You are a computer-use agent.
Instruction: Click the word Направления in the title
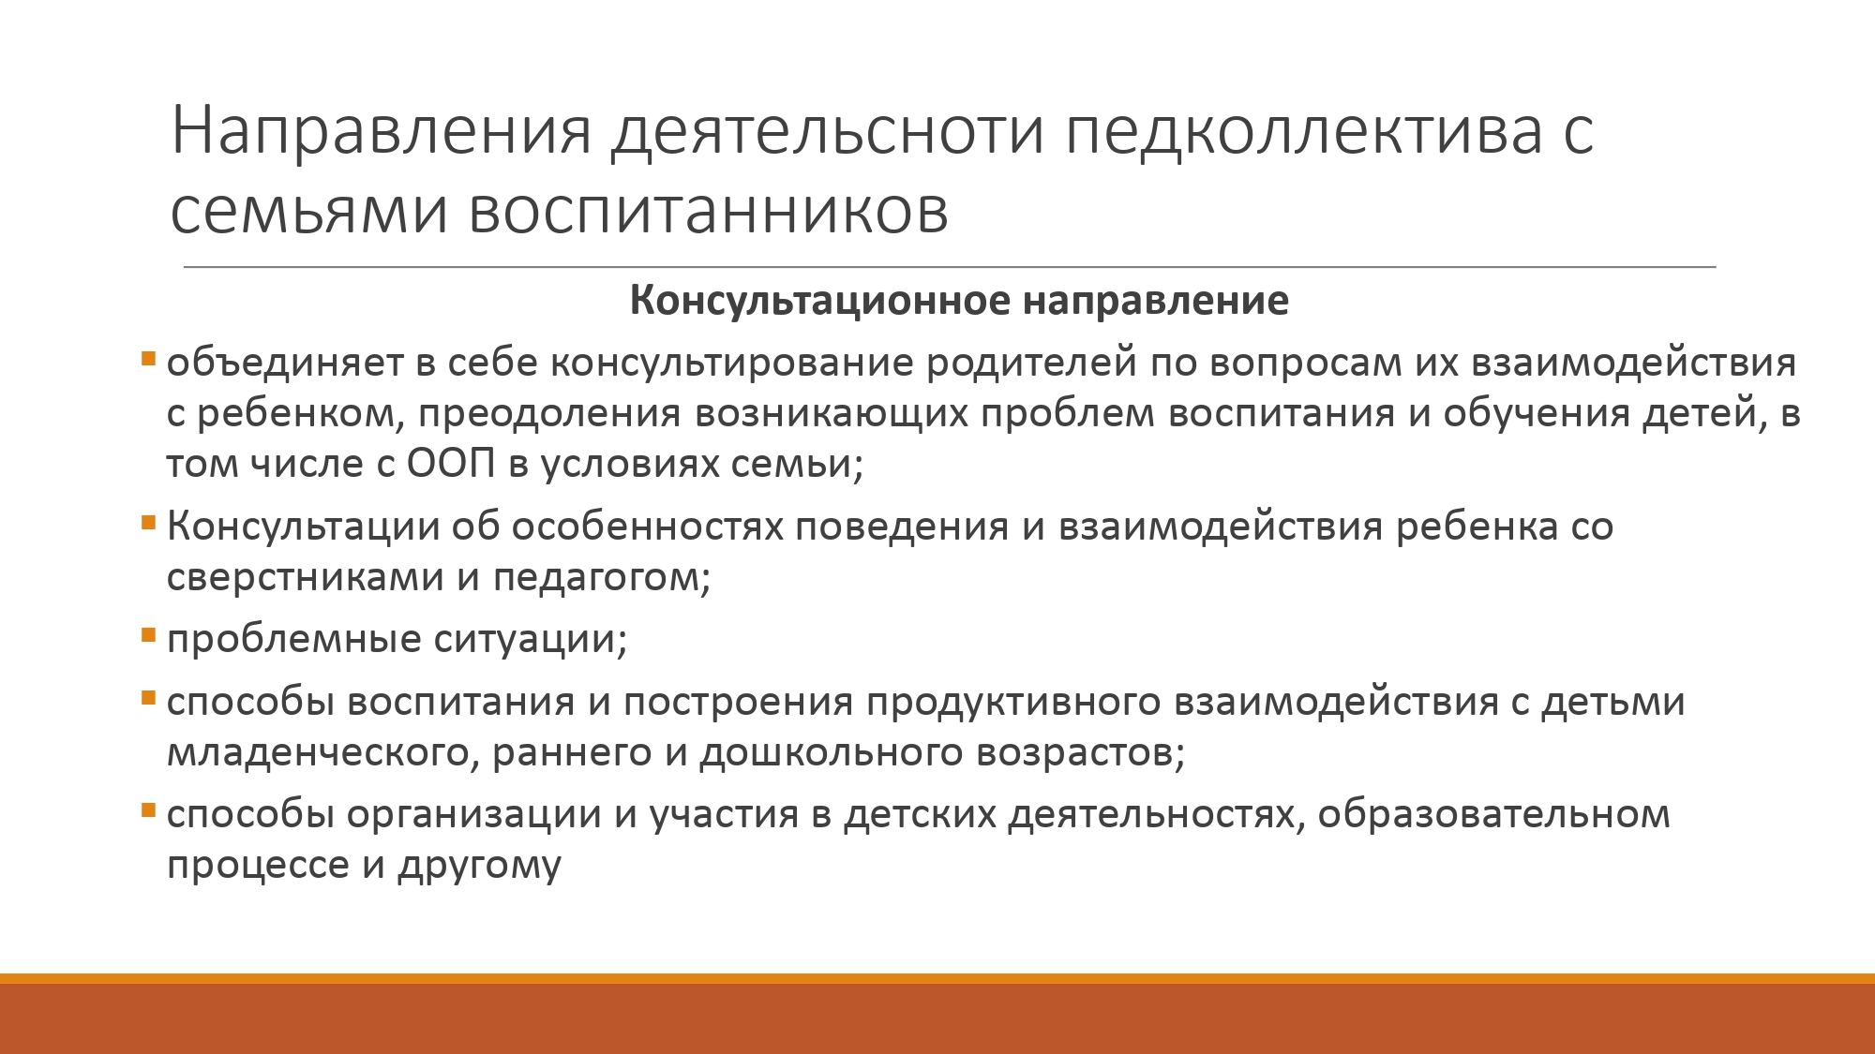[x=382, y=131]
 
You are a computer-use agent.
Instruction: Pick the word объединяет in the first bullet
[x=285, y=362]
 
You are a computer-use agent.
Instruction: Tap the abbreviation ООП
[x=451, y=463]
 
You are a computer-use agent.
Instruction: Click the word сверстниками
[x=305, y=577]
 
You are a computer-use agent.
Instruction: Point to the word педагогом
[x=602, y=577]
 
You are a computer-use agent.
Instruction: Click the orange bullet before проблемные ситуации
[x=148, y=636]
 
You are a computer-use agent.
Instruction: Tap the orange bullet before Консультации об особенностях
[x=148, y=523]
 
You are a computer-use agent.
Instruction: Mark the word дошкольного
[x=832, y=752]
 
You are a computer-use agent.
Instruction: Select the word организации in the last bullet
[x=473, y=814]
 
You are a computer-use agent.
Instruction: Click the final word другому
[x=479, y=864]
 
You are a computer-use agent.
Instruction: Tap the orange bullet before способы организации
[x=148, y=810]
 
